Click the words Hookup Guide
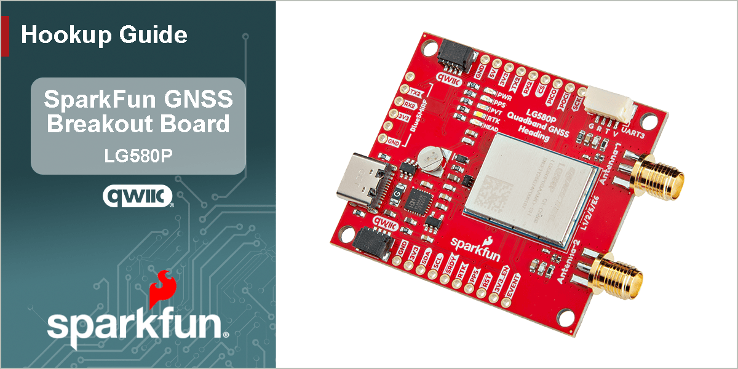104,35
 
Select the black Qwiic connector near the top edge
454,59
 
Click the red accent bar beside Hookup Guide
5,36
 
